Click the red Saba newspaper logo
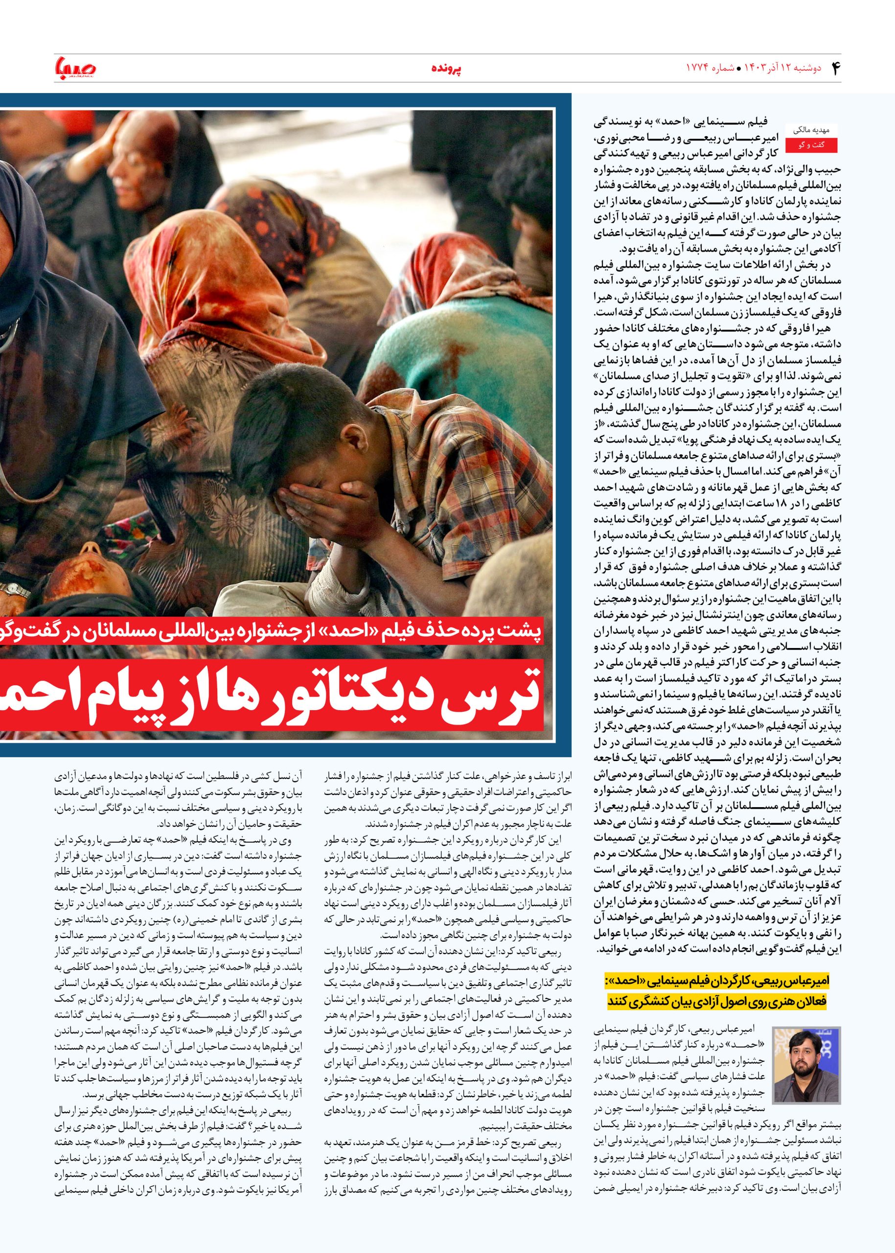pyautogui.click(x=75, y=68)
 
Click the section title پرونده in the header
pyautogui.click(x=446, y=69)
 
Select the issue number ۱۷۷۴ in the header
pyautogui.click(x=696, y=69)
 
